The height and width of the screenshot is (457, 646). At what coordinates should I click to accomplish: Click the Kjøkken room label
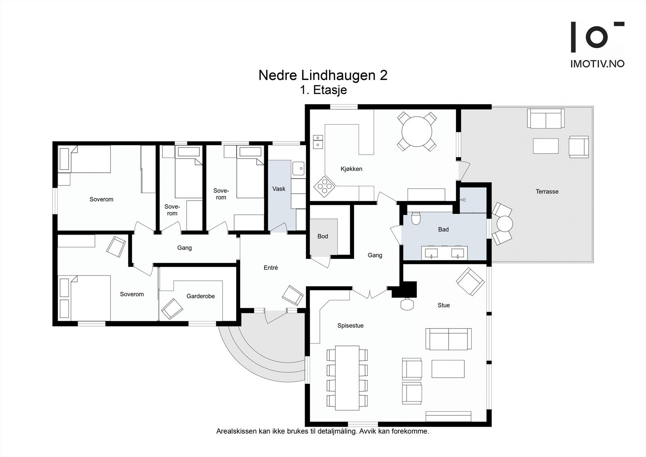coord(351,169)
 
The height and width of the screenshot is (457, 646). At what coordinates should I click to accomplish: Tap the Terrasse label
coord(547,192)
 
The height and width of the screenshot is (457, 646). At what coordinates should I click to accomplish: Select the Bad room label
coord(443,229)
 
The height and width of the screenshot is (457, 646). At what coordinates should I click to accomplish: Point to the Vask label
coord(279,189)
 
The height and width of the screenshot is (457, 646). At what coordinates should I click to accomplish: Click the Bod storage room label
coord(323,236)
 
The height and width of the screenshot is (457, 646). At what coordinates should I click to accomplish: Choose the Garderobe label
coord(200,296)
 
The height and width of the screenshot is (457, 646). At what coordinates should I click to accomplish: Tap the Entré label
coord(271,267)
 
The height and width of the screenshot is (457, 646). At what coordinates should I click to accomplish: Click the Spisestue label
coord(350,326)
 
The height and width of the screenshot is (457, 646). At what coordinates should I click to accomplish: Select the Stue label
coord(444,305)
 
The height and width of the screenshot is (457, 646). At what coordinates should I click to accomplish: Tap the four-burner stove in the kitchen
coord(325,187)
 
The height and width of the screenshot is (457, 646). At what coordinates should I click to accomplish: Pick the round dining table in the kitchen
coord(417,132)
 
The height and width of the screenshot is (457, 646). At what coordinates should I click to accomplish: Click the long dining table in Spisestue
coord(347,378)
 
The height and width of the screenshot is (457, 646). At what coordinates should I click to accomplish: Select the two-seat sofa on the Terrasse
coord(545,118)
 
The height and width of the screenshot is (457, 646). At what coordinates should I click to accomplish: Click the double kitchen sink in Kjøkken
coord(318,142)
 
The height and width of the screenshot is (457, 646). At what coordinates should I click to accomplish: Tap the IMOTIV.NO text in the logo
coord(598,64)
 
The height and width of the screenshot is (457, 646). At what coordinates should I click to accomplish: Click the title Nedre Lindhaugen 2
coord(323,75)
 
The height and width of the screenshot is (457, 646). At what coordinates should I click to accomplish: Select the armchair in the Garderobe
coord(172,309)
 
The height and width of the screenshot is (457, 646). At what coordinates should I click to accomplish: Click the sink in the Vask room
coord(298,168)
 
